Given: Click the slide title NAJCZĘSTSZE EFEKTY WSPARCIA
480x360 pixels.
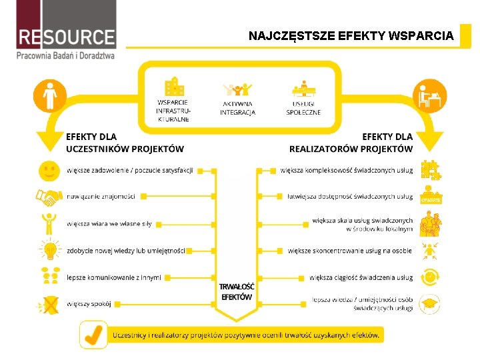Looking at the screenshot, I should point(351,35).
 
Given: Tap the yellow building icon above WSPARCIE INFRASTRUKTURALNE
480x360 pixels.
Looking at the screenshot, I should point(174,87).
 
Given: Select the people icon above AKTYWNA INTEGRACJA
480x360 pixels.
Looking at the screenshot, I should point(237,90).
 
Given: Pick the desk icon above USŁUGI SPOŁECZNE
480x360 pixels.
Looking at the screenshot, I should point(303,89).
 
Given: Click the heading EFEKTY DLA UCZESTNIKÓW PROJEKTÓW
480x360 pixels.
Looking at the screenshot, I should point(125,143).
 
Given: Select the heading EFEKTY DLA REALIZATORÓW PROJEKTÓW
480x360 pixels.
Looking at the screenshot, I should point(351,143).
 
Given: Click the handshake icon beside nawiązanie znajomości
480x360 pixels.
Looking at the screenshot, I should point(48,197).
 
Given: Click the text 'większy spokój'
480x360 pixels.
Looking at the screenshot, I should point(89,305).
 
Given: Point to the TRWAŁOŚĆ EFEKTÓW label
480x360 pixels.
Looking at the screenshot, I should point(237,291).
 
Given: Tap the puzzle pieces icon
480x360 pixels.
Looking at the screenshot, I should point(431,171).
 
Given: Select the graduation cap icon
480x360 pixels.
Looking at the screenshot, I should point(430,304).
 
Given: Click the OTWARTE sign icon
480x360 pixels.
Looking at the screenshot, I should point(431,198).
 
